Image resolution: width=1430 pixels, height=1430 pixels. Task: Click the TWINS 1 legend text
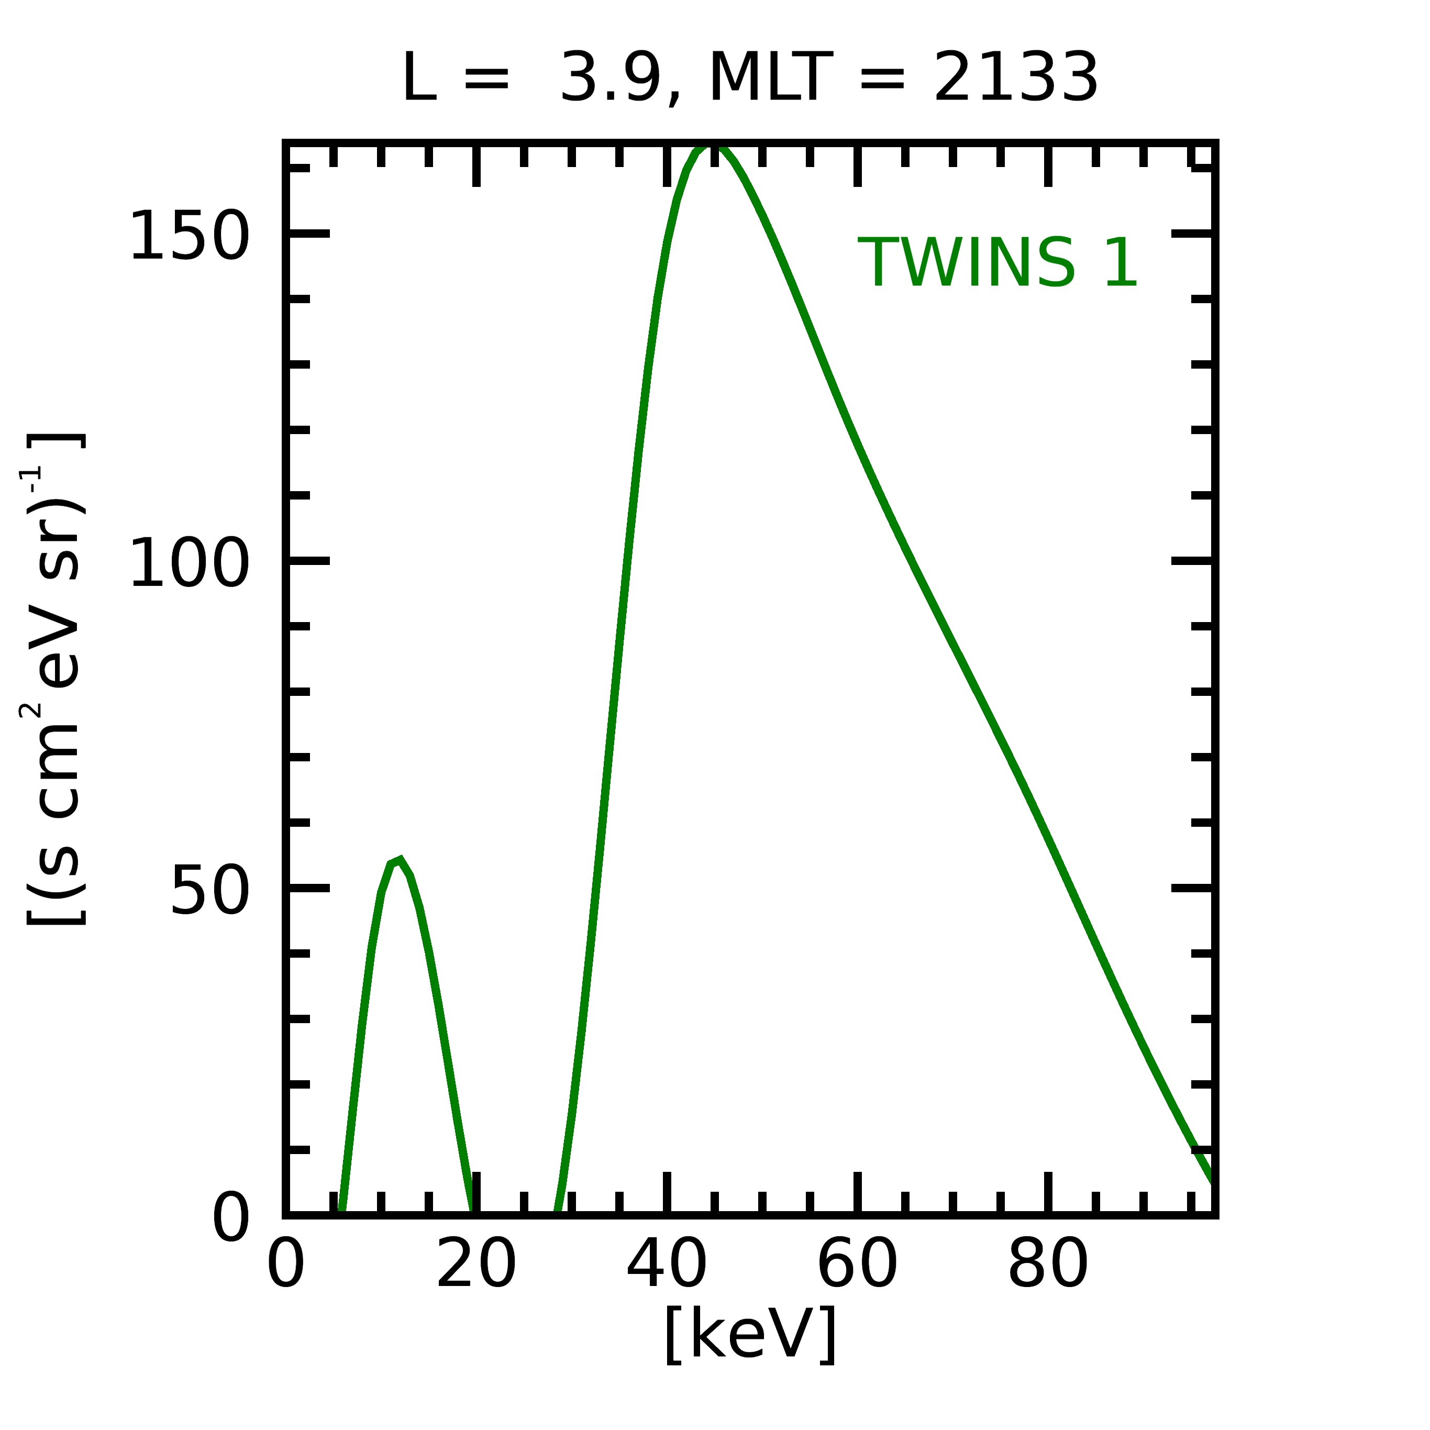tap(997, 263)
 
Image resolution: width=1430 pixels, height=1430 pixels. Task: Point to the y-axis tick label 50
tap(209, 891)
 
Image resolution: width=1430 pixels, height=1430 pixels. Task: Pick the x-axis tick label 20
tap(476, 1267)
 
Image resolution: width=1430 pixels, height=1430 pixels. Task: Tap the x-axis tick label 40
tap(666, 1267)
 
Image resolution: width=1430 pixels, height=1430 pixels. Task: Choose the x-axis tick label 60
tap(857, 1267)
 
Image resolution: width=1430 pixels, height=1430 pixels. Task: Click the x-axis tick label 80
tap(1047, 1267)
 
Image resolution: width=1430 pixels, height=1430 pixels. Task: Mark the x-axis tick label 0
tap(286, 1267)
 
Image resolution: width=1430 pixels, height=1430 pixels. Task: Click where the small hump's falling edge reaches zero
tap(470, 1212)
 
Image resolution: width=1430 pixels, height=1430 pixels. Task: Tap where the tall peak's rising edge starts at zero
tap(557, 1212)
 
